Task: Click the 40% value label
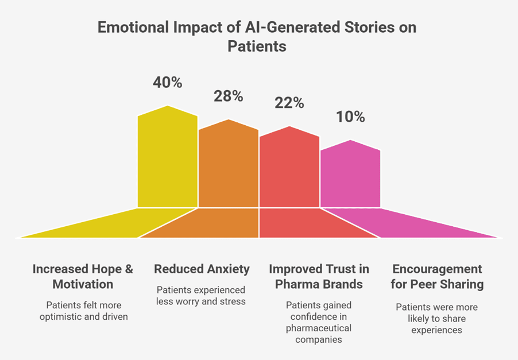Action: (x=168, y=83)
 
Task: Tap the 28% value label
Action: (x=229, y=96)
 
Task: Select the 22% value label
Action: (x=289, y=103)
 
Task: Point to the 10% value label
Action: (x=350, y=117)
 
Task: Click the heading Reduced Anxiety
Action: (x=202, y=269)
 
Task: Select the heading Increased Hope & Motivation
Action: (x=83, y=277)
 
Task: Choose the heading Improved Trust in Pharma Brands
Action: (x=319, y=277)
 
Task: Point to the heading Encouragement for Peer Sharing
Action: (x=437, y=277)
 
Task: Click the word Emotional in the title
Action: (x=133, y=27)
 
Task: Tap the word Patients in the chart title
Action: (x=257, y=47)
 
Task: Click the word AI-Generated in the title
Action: (x=292, y=27)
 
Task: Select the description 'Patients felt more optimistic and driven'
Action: (x=84, y=311)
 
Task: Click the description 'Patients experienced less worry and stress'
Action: (x=201, y=296)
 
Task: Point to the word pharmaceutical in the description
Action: (x=319, y=328)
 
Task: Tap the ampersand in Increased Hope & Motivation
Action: (x=129, y=269)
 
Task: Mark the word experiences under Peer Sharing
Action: (x=436, y=330)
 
